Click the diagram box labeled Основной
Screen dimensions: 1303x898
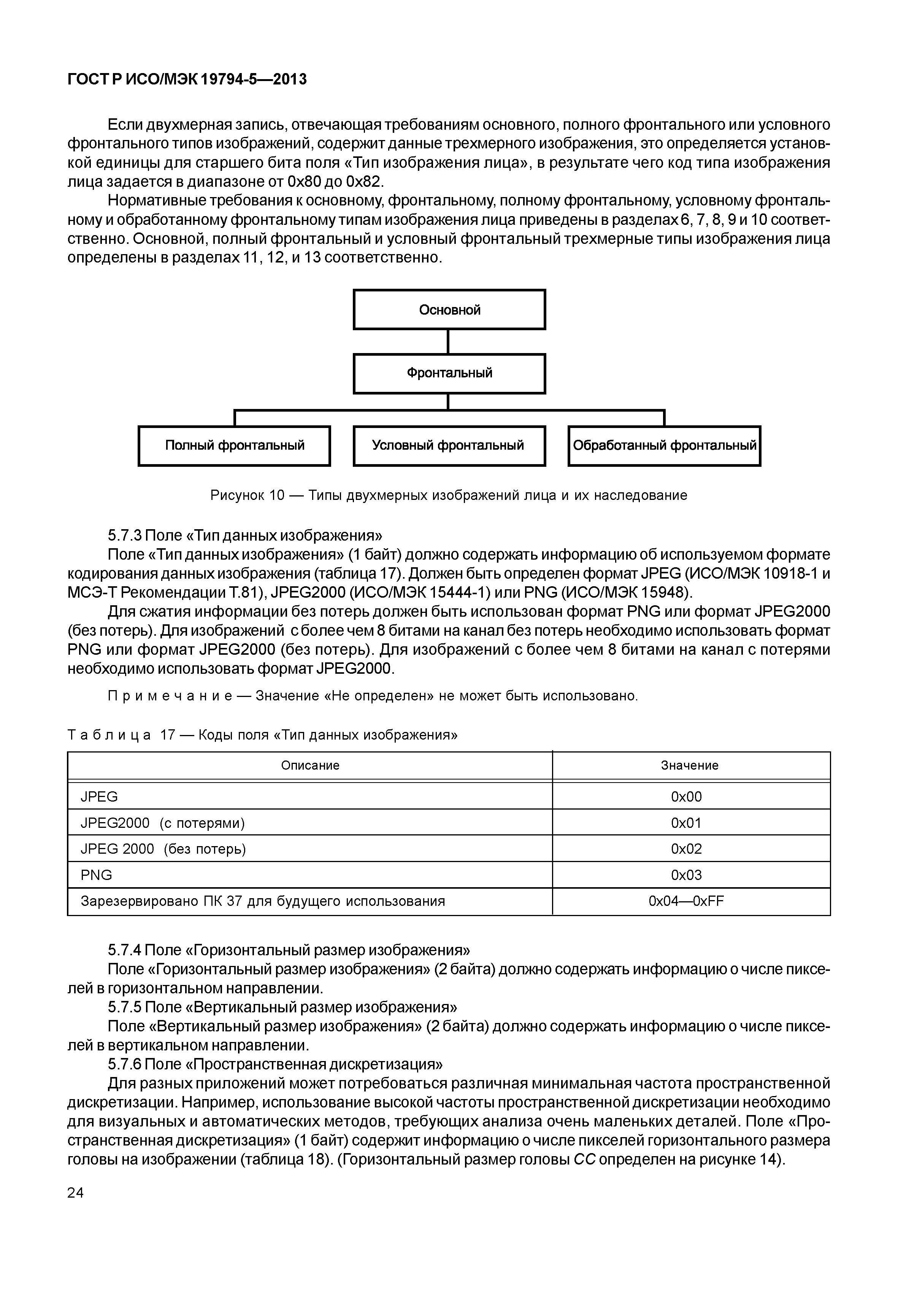(449, 310)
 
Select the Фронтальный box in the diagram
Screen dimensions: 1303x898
(449, 373)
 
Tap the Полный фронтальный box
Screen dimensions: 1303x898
(234, 445)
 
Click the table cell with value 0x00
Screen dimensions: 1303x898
(687, 797)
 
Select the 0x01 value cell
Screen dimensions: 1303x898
(687, 823)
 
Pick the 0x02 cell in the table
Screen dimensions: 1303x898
(687, 849)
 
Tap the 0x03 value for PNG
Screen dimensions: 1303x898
(687, 875)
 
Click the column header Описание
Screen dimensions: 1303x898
(310, 766)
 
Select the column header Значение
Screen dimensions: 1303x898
(689, 766)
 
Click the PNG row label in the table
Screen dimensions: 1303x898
(97, 875)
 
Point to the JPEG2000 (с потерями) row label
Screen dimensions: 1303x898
(163, 823)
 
